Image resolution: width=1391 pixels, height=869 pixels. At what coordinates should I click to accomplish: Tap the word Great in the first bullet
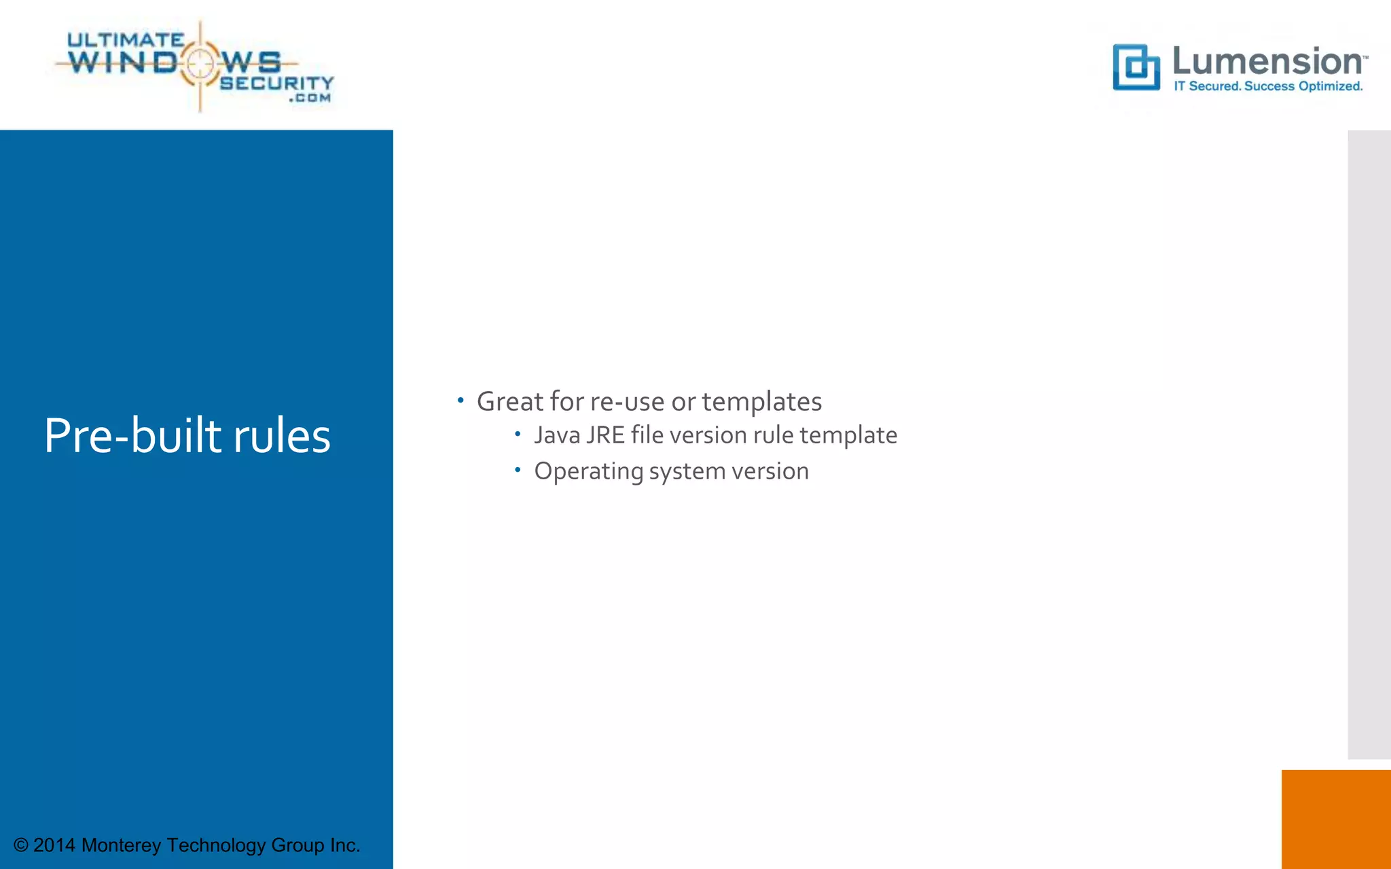(510, 401)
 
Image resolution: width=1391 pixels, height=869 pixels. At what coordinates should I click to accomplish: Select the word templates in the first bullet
(761, 401)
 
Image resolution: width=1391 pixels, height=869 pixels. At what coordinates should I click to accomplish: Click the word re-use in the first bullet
(627, 401)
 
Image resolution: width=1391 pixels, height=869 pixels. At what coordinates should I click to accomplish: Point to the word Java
(557, 435)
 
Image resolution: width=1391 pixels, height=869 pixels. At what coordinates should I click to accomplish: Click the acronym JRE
(605, 435)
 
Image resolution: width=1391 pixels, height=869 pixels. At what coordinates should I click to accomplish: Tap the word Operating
(588, 471)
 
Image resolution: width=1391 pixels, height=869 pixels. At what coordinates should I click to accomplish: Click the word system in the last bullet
(687, 471)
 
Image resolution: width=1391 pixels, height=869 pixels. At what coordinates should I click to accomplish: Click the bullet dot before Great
(460, 401)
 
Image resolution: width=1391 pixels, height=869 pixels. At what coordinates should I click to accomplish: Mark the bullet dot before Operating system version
(518, 469)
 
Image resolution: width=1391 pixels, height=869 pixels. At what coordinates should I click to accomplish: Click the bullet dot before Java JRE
(518, 433)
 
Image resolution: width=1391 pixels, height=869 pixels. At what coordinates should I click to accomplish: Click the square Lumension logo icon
(1136, 67)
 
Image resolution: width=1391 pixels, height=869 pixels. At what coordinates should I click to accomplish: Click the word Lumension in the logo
(1267, 62)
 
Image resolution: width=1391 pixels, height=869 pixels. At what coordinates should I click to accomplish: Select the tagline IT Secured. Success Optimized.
(1268, 86)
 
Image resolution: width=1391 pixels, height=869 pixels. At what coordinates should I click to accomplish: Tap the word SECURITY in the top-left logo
(276, 83)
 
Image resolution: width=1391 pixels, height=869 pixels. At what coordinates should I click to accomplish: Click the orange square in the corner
(1336, 819)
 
